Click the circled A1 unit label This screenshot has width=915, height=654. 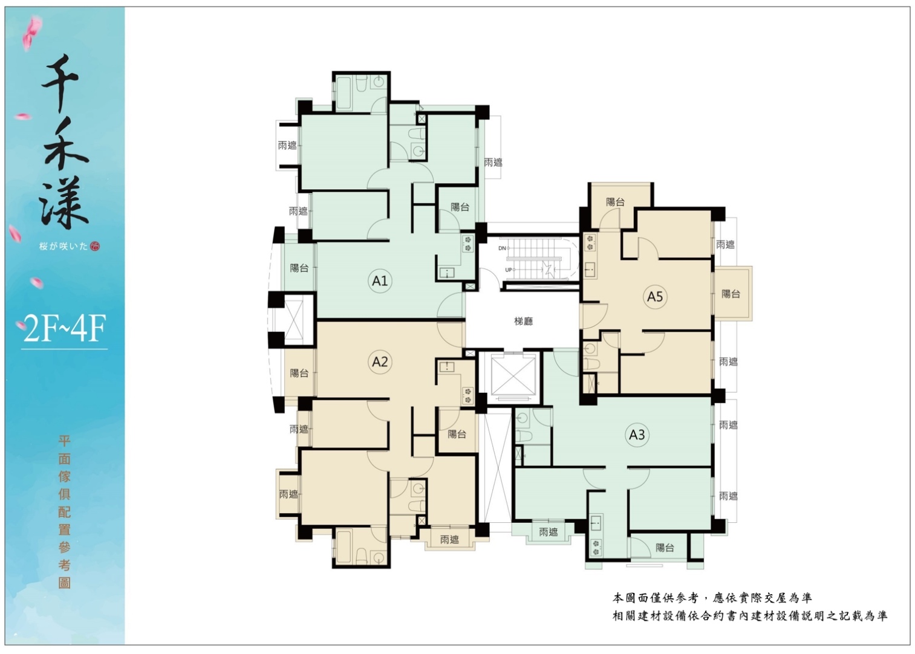[380, 281]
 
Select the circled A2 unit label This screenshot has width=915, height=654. [380, 361]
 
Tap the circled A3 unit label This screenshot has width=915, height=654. [637, 435]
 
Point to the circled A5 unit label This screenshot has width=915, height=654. [655, 296]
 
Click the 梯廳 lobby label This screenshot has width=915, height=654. [523, 322]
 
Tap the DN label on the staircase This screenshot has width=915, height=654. [502, 248]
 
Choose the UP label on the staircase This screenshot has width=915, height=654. [509, 270]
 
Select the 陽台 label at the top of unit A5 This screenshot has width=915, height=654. [615, 202]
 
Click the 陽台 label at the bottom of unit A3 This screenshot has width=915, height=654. [665, 548]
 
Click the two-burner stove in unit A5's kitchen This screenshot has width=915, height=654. [590, 242]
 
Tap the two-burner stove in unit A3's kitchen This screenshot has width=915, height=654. [596, 548]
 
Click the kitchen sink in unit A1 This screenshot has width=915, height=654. [447, 273]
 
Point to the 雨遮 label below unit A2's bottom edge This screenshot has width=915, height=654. [449, 540]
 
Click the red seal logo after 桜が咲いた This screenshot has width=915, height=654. [95, 246]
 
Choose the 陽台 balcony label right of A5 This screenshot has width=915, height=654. [731, 294]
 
